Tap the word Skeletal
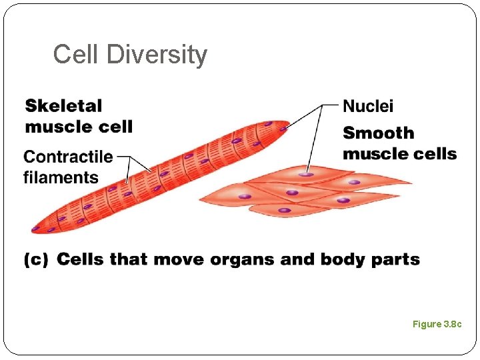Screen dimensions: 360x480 tap(64, 106)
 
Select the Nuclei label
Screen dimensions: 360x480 tap(367, 106)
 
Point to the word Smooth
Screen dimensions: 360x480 tap(378, 133)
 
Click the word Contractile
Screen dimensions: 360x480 tap(68, 157)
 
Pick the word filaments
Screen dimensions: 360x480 tap(61, 177)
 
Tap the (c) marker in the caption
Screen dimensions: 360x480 tap(36, 259)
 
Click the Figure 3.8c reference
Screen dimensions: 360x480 tap(437, 324)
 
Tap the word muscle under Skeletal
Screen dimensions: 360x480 tap(55, 127)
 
